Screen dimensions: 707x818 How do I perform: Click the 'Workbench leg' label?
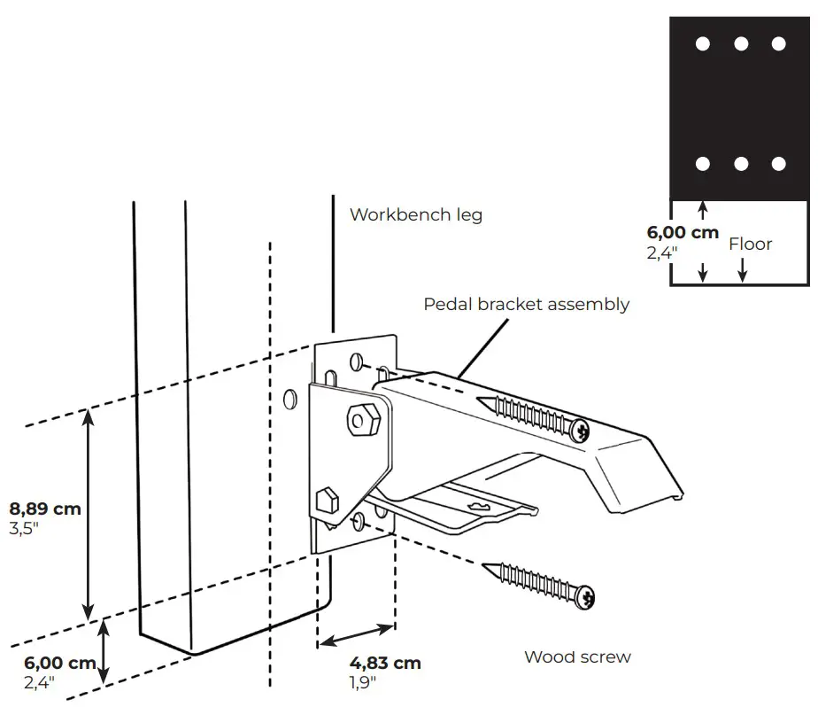415,214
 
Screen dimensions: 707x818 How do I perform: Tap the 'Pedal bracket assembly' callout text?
526,304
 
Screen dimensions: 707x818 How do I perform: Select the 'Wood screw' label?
577,656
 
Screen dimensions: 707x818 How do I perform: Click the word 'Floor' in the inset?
750,244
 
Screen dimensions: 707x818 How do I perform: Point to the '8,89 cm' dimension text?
44,509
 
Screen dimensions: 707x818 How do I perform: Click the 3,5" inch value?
24,528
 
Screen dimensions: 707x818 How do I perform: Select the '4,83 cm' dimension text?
385,663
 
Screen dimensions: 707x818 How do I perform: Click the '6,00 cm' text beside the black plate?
683,233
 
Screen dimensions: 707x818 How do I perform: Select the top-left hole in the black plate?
703,43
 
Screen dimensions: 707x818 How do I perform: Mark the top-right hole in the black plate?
778,43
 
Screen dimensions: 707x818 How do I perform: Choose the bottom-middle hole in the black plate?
741,164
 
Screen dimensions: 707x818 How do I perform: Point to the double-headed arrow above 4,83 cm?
355,636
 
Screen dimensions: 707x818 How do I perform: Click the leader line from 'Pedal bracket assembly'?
479,351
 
